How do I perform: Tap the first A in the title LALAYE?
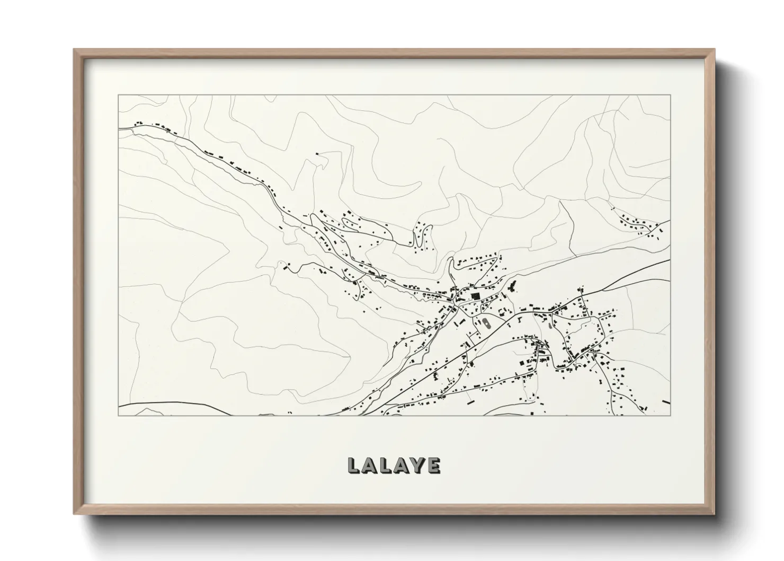coord(370,465)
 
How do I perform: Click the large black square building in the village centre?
coord(475,296)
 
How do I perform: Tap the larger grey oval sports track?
coord(485,322)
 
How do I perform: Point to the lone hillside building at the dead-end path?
coord(317,154)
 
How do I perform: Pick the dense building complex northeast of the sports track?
coord(512,288)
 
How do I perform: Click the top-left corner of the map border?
coord(118,95)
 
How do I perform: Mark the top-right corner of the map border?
coord(671,95)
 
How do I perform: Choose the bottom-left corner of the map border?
coord(118,415)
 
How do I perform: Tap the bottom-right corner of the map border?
coord(671,415)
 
